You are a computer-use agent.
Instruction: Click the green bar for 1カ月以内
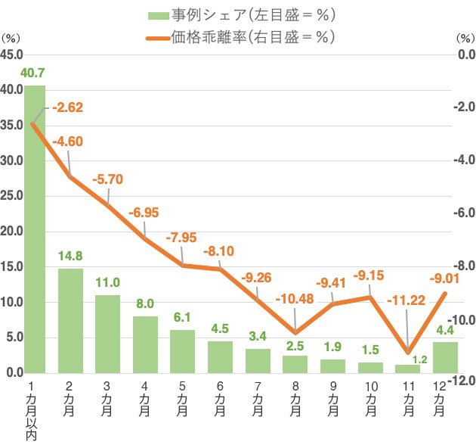click(35, 229)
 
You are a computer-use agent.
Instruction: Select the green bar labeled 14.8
click(70, 321)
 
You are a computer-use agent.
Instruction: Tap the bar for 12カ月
click(445, 358)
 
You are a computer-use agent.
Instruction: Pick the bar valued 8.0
click(145, 345)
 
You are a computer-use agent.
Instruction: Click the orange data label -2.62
click(67, 107)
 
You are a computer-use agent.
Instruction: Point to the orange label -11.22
click(406, 300)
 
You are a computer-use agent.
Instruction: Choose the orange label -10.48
click(295, 299)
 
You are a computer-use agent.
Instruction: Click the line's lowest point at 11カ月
click(408, 353)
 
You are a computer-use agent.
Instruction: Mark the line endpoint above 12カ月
click(445, 293)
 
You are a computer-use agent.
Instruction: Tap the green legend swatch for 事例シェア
click(159, 15)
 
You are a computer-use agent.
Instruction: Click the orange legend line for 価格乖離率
click(158, 39)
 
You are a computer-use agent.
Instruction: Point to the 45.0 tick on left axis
click(11, 54)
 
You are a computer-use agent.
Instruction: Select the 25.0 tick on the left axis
click(11, 196)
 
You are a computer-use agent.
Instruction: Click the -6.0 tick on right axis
click(464, 213)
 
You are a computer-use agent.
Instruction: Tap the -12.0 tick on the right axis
click(462, 380)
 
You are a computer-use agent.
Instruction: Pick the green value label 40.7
click(32, 73)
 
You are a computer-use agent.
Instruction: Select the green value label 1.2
click(420, 359)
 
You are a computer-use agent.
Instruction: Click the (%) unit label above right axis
click(465, 39)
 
